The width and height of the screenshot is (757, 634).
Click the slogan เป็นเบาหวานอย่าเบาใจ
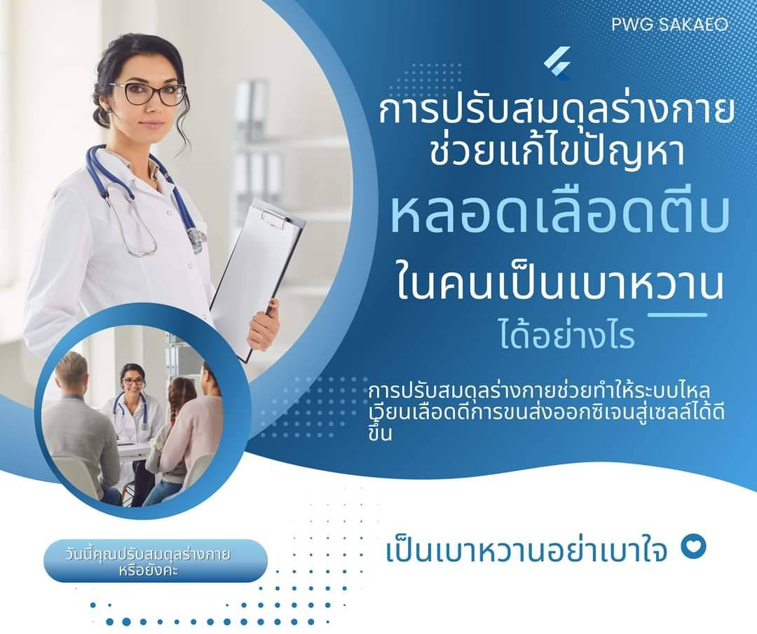click(x=526, y=551)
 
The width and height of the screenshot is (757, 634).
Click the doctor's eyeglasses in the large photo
click(x=148, y=92)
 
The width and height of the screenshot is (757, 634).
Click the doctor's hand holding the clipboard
click(x=264, y=325)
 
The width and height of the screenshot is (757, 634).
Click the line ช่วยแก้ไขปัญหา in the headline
click(x=556, y=154)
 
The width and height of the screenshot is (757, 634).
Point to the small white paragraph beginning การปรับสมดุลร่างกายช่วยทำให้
click(x=545, y=411)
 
